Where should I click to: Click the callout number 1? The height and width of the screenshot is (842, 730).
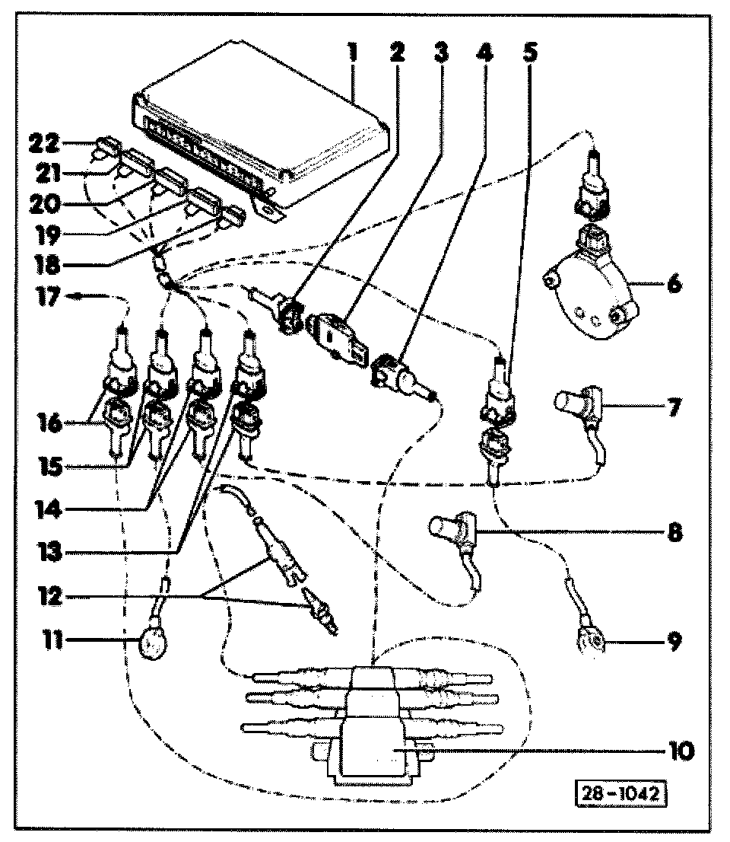pos(352,53)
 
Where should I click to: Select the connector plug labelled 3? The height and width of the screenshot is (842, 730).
pos(335,335)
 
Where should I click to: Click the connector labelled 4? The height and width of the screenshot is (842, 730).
pos(395,377)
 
